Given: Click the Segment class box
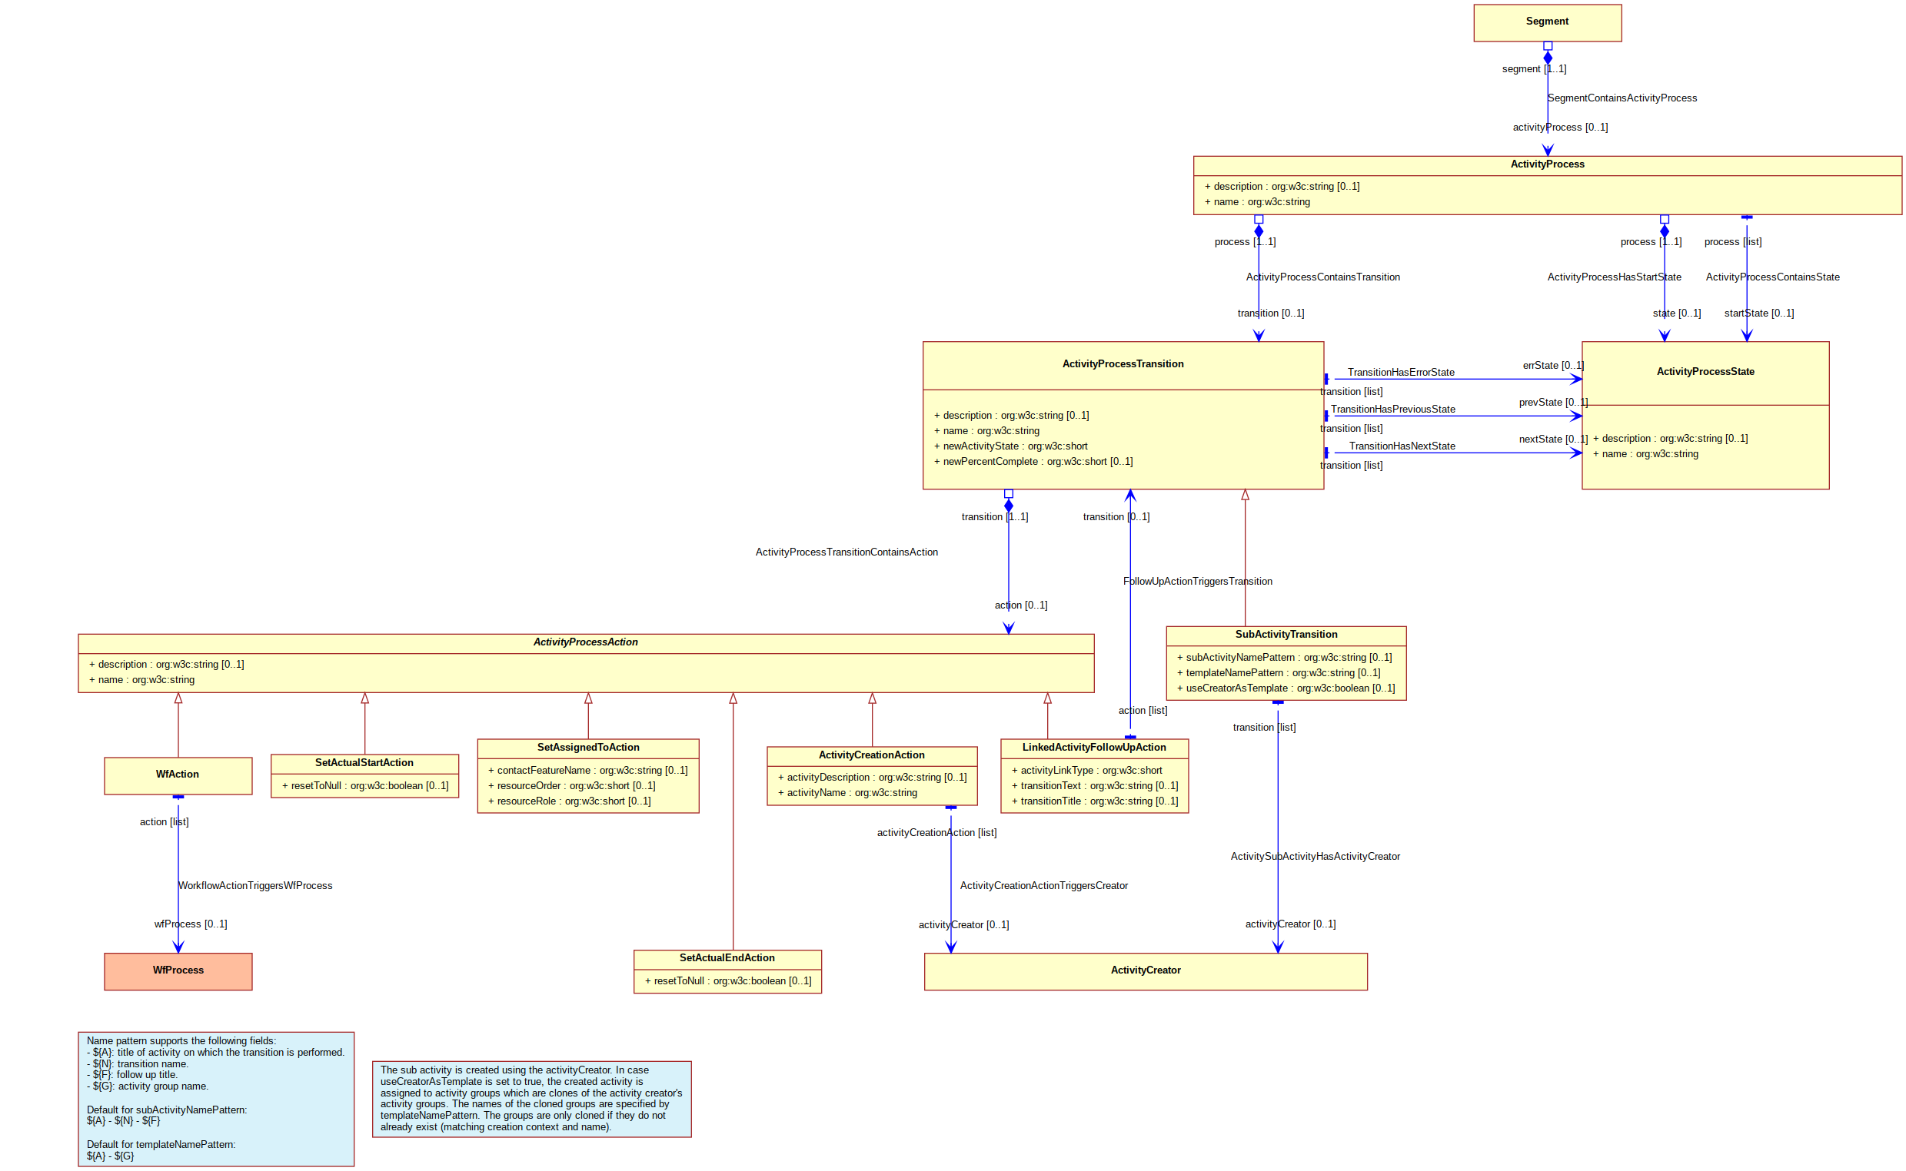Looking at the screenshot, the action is pyautogui.click(x=1546, y=22).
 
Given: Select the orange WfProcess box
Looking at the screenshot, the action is pyautogui.click(x=178, y=971).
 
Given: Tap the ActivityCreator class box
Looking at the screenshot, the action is pyautogui.click(x=1145, y=971).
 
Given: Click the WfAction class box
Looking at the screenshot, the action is pyautogui.click(x=178, y=775).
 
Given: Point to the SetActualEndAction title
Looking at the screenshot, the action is pyautogui.click(x=727, y=958).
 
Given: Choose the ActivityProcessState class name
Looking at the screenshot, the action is pyautogui.click(x=1705, y=372).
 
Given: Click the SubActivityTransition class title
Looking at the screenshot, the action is pyautogui.click(x=1286, y=635).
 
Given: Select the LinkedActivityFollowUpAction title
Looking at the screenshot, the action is pyautogui.click(x=1093, y=748).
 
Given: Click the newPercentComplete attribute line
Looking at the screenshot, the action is pyautogui.click(x=1033, y=462).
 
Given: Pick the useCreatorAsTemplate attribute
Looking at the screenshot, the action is pyautogui.click(x=1286, y=688).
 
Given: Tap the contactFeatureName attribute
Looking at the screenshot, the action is pyautogui.click(x=587, y=771).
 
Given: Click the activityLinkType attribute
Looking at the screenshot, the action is pyautogui.click(x=1086, y=771).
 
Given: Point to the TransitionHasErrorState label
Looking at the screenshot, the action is pyautogui.click(x=1401, y=373).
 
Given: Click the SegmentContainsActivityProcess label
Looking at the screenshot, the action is pyautogui.click(x=1622, y=98).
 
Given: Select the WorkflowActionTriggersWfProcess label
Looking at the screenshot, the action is pyautogui.click(x=255, y=886).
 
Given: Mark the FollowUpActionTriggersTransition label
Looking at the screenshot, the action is pyautogui.click(x=1197, y=582).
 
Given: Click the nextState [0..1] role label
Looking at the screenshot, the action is pyautogui.click(x=1552, y=440).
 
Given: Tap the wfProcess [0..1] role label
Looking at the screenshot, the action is pyautogui.click(x=191, y=924).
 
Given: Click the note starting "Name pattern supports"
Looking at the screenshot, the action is pyautogui.click(x=216, y=1099).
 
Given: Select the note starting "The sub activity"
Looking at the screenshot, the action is pyautogui.click(x=531, y=1099).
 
